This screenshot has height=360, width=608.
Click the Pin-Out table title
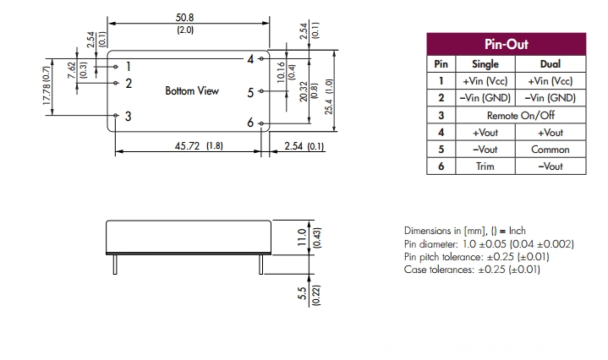pos(505,44)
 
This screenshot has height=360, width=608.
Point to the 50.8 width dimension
pos(185,17)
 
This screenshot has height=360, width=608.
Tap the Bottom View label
pos(192,90)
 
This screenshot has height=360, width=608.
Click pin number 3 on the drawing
pos(128,116)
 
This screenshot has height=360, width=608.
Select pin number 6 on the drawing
pos(250,123)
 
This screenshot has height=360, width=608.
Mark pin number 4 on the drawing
pos(251,59)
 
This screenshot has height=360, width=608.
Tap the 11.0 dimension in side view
pos(299,233)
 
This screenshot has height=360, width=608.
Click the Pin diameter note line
pos(489,243)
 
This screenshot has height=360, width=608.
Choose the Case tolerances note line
pos(472,270)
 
